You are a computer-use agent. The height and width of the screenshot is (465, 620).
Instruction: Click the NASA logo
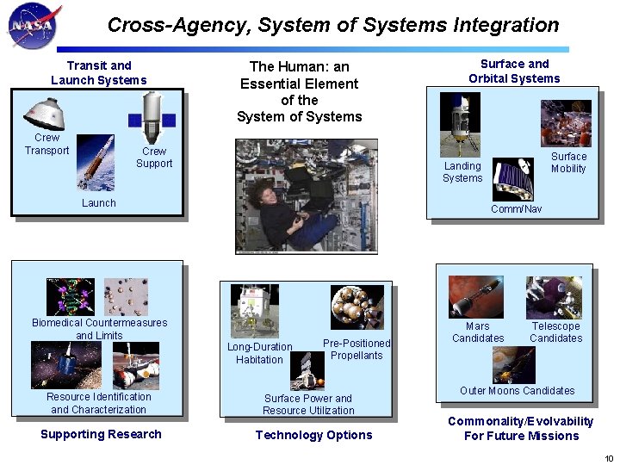30,25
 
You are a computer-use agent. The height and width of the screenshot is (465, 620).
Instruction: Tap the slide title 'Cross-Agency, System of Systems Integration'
333,26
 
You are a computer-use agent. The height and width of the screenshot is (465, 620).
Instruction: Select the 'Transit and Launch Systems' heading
99,72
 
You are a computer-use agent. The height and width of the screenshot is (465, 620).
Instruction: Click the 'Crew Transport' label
46,144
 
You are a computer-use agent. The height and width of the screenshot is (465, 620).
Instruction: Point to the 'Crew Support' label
154,157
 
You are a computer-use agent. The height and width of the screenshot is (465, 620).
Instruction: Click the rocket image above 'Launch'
96,161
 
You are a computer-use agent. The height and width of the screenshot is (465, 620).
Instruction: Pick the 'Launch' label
99,203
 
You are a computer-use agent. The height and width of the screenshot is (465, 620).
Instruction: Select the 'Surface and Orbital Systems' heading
514,71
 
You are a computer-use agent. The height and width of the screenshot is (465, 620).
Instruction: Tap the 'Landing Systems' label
462,172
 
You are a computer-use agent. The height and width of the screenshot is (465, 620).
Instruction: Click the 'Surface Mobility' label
568,163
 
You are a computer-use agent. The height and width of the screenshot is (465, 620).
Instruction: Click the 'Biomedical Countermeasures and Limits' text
100,329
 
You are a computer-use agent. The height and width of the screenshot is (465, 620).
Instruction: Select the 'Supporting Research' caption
101,434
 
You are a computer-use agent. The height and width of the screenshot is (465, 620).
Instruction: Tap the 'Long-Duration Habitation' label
259,353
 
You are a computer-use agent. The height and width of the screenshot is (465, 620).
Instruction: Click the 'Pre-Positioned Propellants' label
356,349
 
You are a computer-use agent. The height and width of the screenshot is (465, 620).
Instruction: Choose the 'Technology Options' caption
313,435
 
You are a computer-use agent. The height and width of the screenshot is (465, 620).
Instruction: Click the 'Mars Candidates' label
478,332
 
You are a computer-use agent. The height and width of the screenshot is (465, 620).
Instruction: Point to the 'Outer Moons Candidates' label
517,391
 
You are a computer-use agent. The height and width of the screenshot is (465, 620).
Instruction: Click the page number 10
609,457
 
